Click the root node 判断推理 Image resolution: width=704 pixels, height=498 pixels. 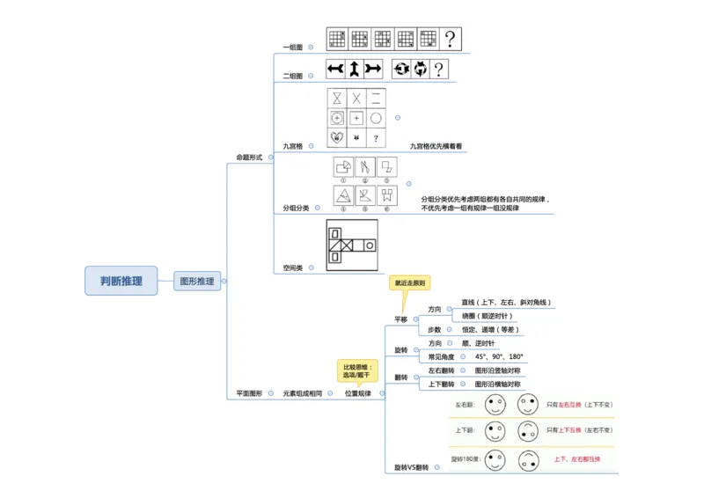pos(121,281)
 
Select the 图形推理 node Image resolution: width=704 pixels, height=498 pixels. pos(196,282)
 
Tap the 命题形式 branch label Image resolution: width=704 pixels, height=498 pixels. pos(249,157)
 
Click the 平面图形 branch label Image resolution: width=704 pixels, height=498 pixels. pos(249,392)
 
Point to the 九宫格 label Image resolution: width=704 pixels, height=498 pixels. pos(292,146)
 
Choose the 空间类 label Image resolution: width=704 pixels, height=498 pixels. pos(292,267)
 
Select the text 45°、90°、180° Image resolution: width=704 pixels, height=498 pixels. pos(499,357)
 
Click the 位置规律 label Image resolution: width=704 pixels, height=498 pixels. pos(357,393)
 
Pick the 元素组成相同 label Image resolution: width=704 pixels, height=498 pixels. pos(302,393)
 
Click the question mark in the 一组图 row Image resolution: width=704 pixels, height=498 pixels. pos(451,39)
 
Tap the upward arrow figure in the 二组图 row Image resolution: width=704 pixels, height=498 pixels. pos(353,69)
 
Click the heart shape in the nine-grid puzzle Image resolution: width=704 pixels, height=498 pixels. pos(337,138)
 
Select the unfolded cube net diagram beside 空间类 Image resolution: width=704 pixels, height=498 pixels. pos(351,245)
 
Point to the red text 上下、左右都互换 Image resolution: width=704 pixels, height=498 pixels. pos(576,458)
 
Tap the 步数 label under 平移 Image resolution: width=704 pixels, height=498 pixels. pos(434,329)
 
